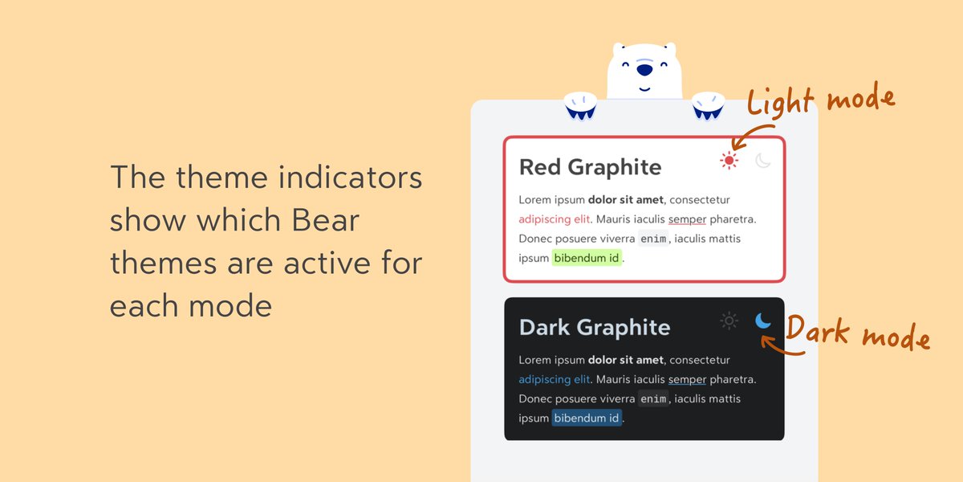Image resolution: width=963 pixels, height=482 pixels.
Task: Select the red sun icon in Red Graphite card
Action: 729,161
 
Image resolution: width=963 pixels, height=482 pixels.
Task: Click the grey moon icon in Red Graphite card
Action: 763,161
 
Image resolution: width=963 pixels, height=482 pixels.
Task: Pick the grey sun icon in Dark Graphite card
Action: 729,321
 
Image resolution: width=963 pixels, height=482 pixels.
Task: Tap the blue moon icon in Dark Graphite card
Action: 763,321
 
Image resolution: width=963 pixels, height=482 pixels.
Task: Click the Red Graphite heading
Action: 590,167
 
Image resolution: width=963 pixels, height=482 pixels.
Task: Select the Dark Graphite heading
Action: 594,328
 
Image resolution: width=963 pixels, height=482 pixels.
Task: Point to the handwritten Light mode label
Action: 820,101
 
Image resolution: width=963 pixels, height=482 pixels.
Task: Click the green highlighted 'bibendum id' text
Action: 587,258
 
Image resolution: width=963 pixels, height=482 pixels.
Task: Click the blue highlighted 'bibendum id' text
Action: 587,419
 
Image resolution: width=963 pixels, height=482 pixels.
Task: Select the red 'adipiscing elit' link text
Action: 555,219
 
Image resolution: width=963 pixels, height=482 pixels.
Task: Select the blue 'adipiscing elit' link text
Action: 555,380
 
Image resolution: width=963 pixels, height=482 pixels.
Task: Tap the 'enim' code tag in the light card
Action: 653,239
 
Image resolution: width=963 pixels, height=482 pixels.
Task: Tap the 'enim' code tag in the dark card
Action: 653,399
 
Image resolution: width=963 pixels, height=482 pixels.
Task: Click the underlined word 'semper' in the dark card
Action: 687,380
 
